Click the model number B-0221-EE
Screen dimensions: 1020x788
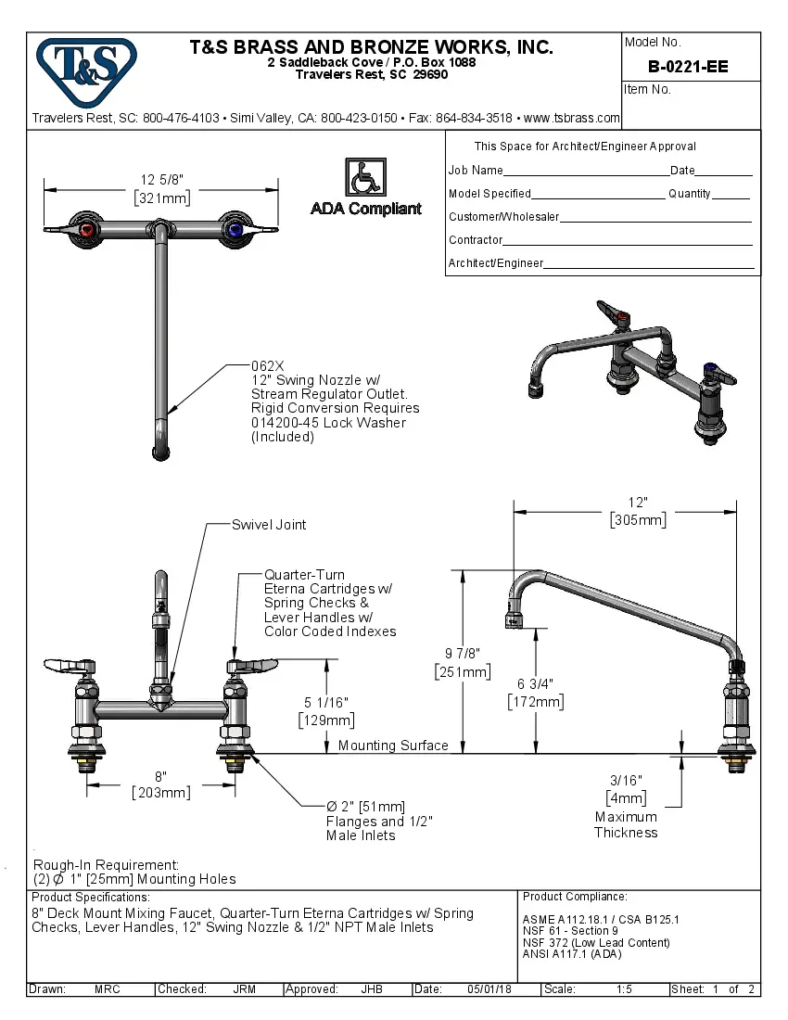click(x=688, y=67)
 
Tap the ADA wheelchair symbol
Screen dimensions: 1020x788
click(x=365, y=176)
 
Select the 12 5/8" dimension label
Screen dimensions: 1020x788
click(x=161, y=180)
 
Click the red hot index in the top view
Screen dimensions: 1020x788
click(x=86, y=229)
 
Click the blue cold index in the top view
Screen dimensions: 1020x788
click(x=235, y=229)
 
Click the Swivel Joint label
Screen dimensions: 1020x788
click(x=269, y=525)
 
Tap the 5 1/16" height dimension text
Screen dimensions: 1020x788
click(x=325, y=702)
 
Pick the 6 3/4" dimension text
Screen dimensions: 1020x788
click(x=535, y=684)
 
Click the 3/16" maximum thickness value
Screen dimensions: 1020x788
click(x=626, y=781)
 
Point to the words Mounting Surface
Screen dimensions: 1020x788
click(x=393, y=746)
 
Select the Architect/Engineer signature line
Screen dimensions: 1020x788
click(x=649, y=266)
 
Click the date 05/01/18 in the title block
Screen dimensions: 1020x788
click(x=489, y=989)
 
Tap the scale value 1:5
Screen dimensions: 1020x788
click(x=624, y=989)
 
